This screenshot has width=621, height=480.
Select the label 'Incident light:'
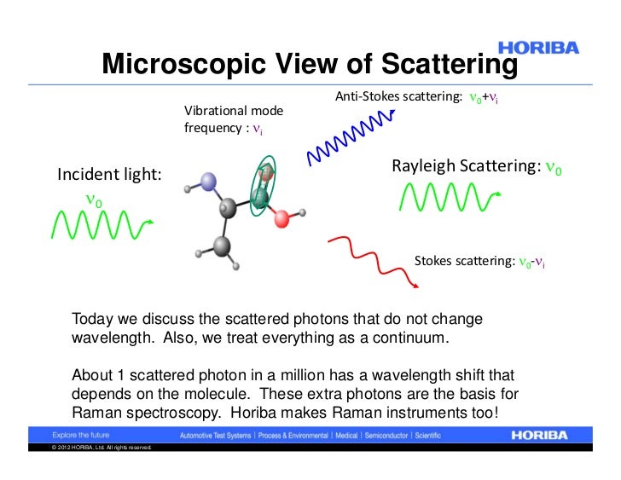tap(108, 175)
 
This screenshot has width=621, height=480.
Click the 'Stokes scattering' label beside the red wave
tap(465, 261)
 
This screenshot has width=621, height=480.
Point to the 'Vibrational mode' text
tap(234, 111)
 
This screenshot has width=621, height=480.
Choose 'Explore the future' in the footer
tap(82, 435)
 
